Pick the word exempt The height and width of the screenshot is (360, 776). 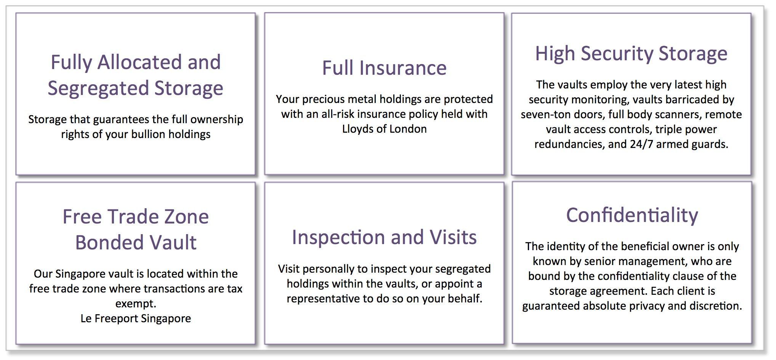pos(136,304)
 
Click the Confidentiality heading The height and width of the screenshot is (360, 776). pos(632,215)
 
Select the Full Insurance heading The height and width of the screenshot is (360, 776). pos(384,68)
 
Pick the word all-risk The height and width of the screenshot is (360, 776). pos(338,114)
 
